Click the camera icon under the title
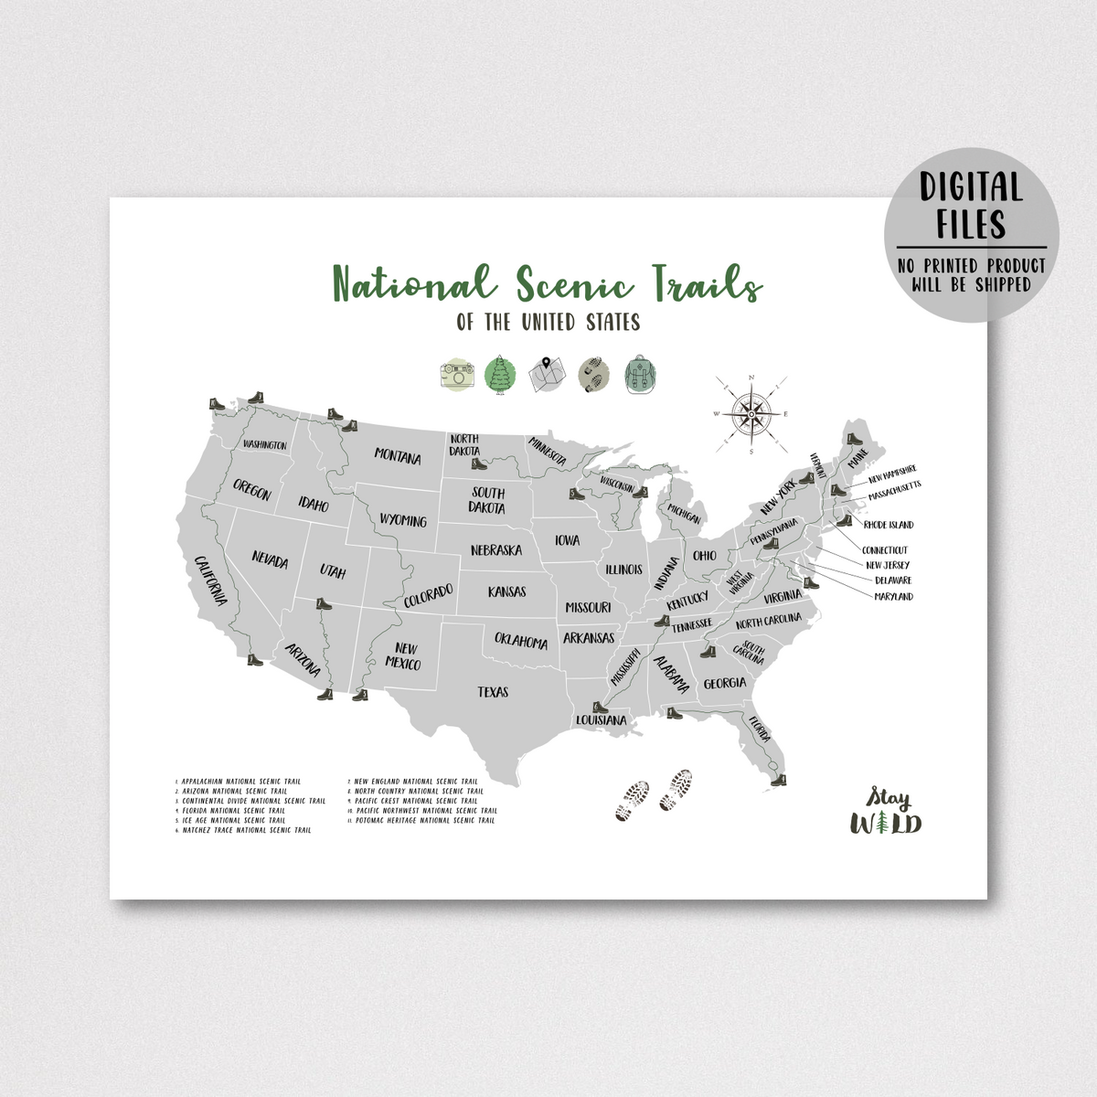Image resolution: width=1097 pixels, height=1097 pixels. tap(457, 375)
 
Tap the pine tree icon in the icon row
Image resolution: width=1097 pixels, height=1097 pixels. tap(500, 375)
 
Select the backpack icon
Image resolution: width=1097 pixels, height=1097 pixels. tap(641, 375)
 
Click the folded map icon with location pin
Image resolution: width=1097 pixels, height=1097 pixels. tap(547, 374)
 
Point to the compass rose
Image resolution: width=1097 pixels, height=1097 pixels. tap(751, 414)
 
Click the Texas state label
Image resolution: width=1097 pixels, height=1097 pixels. tap(493, 692)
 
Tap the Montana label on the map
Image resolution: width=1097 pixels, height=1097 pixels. tap(398, 456)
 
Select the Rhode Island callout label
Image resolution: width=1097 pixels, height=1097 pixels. tap(889, 525)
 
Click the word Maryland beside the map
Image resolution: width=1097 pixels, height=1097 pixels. tap(893, 596)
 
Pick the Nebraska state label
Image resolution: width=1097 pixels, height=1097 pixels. tap(496, 550)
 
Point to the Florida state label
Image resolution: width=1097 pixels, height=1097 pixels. tap(760, 730)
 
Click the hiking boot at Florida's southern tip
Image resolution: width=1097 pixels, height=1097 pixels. tap(778, 780)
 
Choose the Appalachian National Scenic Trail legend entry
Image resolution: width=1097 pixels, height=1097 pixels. tap(240, 782)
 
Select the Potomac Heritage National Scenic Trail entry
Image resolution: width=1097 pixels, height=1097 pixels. tap(425, 820)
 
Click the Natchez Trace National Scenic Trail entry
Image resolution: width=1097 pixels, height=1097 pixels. tap(246, 830)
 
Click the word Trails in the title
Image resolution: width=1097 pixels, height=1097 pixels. tap(707, 283)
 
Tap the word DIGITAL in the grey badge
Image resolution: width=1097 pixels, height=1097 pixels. tap(971, 186)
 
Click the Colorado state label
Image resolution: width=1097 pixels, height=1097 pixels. tap(429, 596)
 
